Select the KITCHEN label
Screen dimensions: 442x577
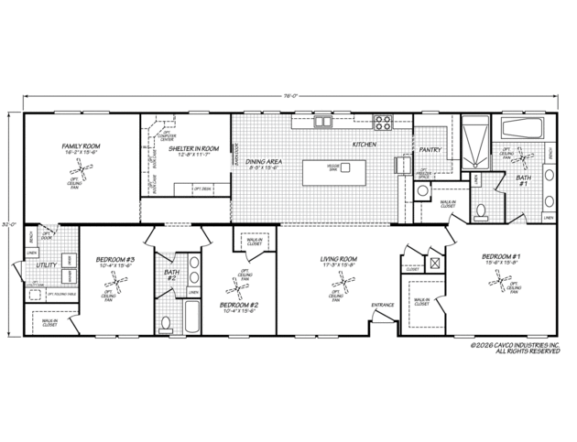pos(365,145)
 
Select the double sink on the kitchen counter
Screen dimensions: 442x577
pos(323,122)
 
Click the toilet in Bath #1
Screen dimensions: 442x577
pos(482,212)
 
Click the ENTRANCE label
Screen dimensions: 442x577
pos(383,306)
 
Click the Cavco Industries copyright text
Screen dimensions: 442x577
pos(515,348)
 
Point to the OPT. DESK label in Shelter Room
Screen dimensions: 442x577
pos(202,189)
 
